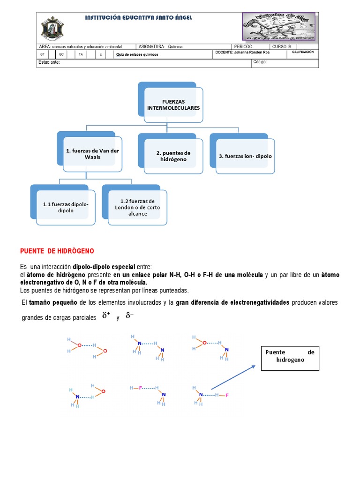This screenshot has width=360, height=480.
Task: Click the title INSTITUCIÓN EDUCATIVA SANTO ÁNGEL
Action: click(138, 17)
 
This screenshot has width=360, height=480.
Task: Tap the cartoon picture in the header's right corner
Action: click(279, 26)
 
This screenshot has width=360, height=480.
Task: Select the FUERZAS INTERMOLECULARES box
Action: click(174, 105)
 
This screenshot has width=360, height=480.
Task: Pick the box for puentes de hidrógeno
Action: click(173, 156)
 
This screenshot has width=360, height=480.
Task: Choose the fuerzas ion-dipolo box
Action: click(245, 156)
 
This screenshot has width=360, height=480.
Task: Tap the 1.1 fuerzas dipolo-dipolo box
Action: click(66, 207)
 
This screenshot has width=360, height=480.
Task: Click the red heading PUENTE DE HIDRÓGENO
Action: click(57, 251)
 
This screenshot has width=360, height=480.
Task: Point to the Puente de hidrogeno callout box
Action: click(290, 356)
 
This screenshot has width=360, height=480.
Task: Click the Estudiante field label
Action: click(49, 62)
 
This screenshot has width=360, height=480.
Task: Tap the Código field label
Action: click(260, 62)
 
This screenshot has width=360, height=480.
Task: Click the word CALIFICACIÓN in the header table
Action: click(302, 52)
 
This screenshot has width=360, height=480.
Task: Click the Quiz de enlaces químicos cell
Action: click(138, 54)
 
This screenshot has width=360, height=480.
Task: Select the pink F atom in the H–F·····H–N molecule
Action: click(140, 388)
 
